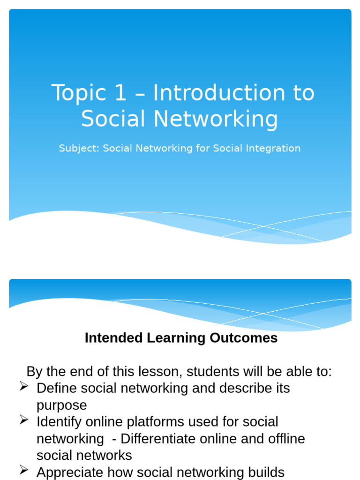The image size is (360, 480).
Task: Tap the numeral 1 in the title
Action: coord(120,92)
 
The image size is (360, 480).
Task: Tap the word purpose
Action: coord(61,406)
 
